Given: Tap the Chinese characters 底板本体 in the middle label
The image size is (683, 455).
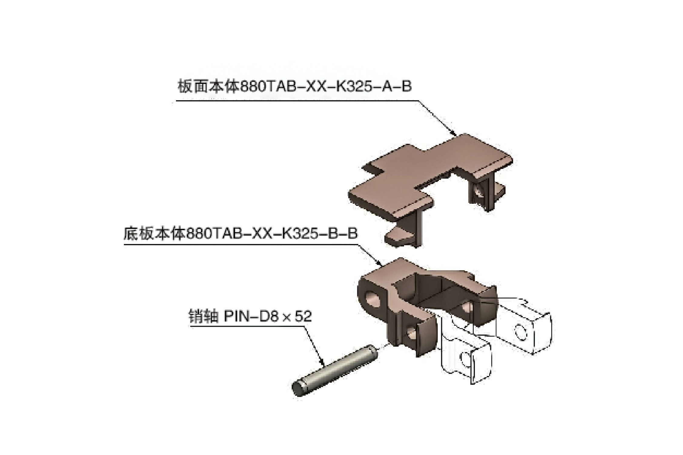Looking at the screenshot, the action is [154, 234].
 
